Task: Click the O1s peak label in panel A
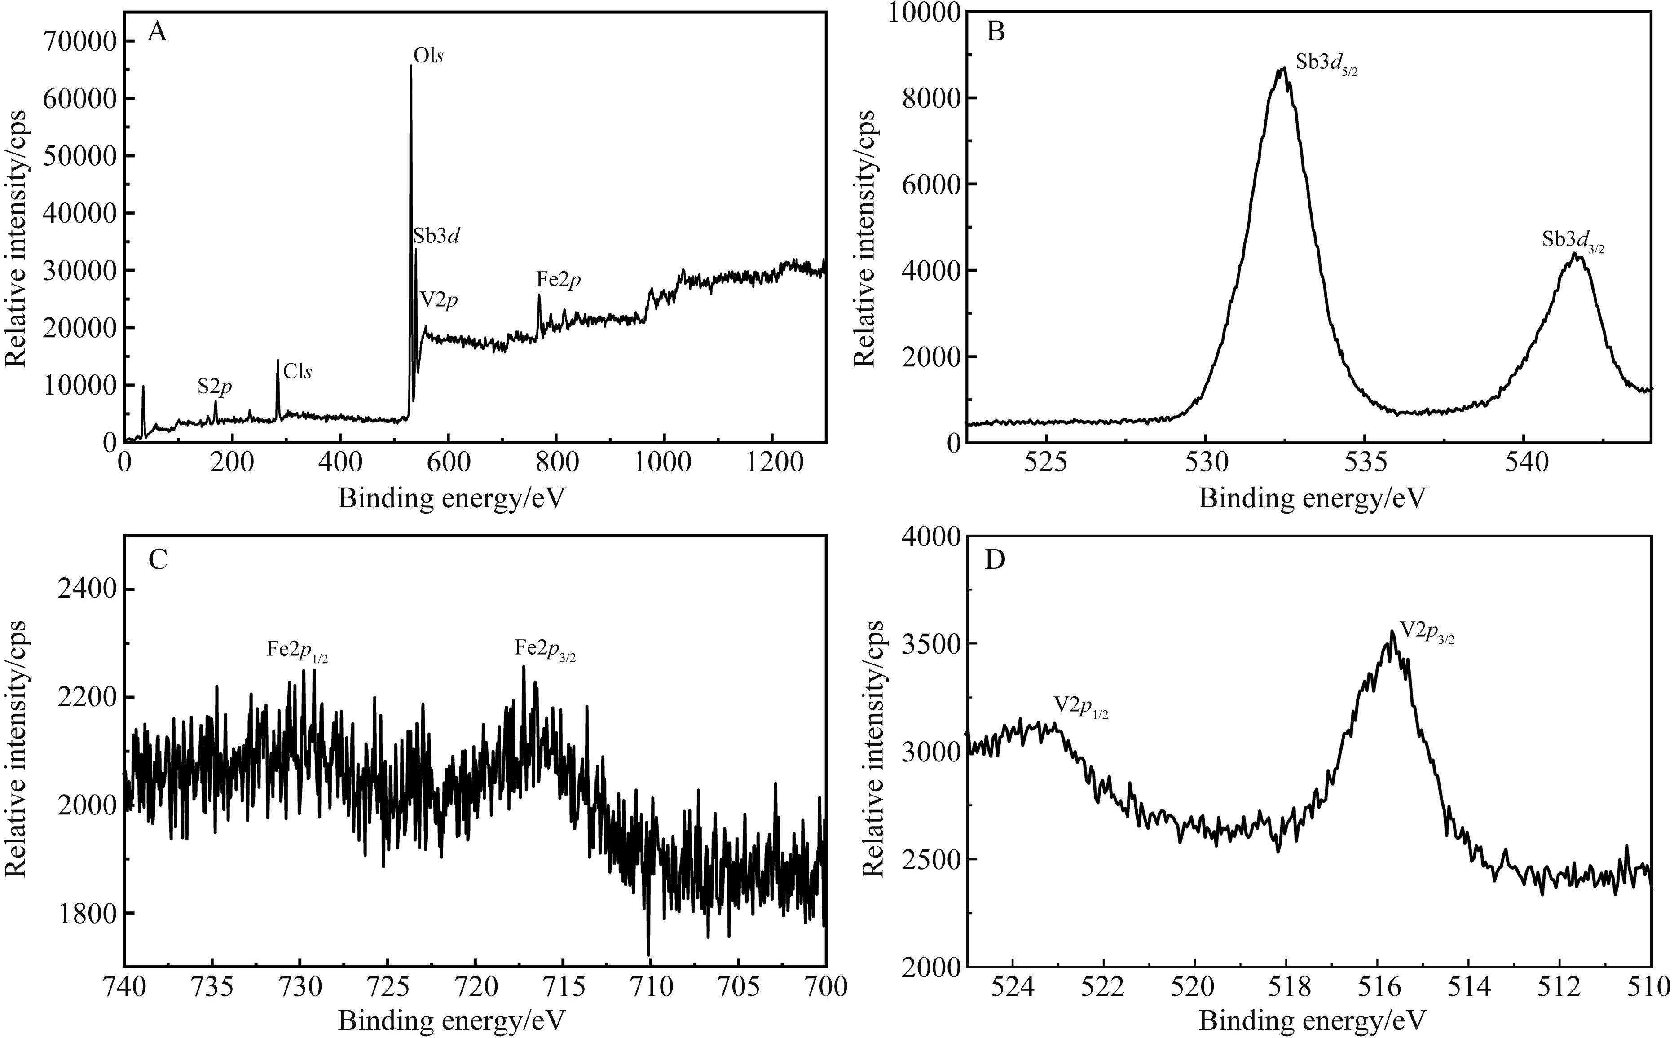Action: [428, 56]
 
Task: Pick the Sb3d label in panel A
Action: [436, 236]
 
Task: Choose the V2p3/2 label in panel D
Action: [1427, 632]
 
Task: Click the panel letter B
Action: [996, 31]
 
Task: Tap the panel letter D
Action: [996, 561]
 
